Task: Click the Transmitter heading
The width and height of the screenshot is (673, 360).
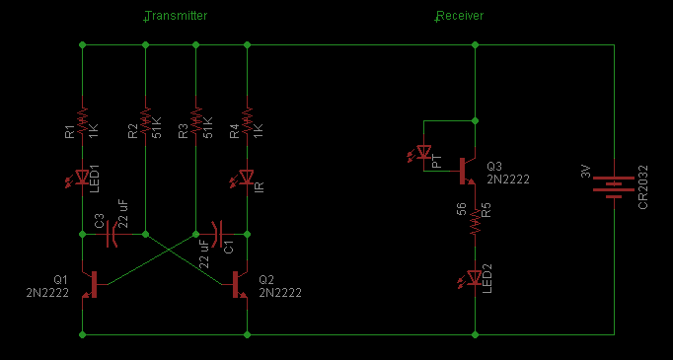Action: coord(176,16)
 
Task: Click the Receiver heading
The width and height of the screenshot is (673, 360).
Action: coord(460,16)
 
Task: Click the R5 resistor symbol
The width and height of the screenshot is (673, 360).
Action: coord(475,222)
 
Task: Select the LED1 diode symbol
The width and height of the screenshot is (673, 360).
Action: coord(80,178)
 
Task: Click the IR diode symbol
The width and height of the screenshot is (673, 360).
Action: coord(245,178)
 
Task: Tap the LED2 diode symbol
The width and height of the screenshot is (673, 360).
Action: coord(473,279)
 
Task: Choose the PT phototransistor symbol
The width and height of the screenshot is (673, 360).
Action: coord(422,153)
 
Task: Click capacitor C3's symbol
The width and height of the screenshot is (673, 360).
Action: coord(112,234)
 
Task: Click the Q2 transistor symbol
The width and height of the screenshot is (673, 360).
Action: coord(238,284)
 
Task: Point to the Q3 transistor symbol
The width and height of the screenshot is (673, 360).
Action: coord(465,172)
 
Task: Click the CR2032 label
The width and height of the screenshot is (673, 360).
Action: coord(643,187)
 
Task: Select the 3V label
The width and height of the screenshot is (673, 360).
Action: coord(586,172)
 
